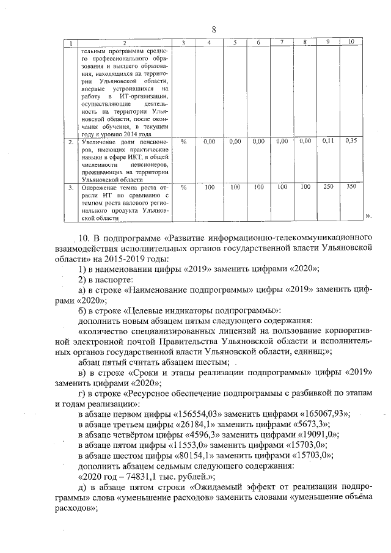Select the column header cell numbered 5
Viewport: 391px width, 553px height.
pos(234,42)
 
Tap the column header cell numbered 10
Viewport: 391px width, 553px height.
pos(351,42)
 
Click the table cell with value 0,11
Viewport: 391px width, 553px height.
pos(328,141)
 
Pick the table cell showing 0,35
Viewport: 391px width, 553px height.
pos(351,141)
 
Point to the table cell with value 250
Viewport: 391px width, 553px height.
pos(328,186)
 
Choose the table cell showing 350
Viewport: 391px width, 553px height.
pos(351,186)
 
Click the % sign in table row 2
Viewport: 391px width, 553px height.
pos(183,142)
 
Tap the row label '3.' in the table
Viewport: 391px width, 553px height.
pos(71,187)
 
